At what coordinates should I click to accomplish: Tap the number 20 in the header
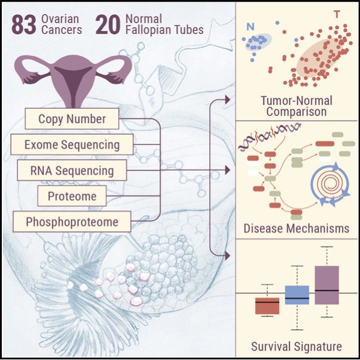coord(108,26)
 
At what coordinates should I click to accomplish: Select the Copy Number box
coord(72,119)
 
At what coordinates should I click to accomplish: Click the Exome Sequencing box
coord(72,144)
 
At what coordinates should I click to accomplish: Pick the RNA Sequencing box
coord(72,171)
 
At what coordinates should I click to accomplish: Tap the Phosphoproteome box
coord(72,222)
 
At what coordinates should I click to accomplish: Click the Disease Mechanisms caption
coord(296,229)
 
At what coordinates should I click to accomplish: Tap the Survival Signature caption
coord(296,346)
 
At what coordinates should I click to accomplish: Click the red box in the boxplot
coord(267,306)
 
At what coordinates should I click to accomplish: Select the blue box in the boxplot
coord(297,295)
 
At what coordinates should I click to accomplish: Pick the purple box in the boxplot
coord(327,285)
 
